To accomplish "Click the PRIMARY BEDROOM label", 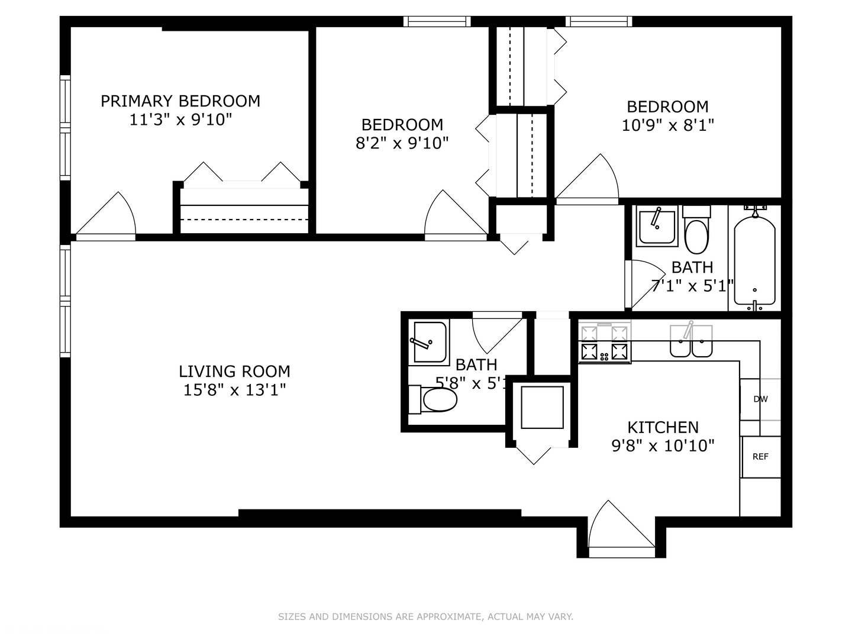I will (180, 101).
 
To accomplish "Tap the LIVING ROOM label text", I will (234, 372).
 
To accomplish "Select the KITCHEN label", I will (663, 427).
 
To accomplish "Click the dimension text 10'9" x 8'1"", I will (668, 125).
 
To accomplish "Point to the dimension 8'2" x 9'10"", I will (402, 143).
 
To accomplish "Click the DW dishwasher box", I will (760, 399).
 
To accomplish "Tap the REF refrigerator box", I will (760, 457).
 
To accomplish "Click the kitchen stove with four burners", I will (604, 345).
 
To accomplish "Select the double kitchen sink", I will (690, 343).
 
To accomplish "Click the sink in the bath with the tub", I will (657, 227).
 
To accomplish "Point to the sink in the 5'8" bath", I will (428, 343).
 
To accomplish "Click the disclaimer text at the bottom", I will (425, 617).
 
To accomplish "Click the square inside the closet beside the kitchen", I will (542, 407).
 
